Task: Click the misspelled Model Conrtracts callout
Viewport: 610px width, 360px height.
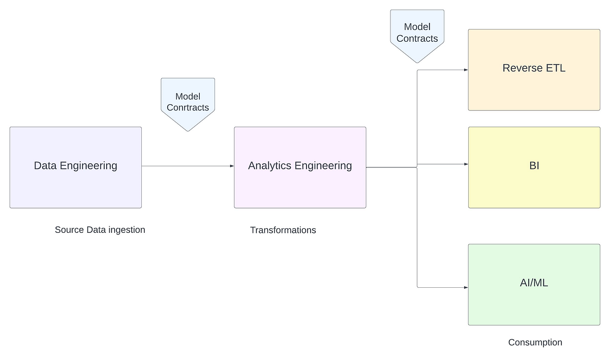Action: (188, 102)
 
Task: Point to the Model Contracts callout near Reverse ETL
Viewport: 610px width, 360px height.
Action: (417, 33)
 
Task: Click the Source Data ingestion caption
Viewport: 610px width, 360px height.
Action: (100, 230)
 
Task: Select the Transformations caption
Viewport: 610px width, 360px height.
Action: (283, 230)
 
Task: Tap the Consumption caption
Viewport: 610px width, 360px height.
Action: (535, 343)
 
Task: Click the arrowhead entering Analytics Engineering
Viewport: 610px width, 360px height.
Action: (231, 166)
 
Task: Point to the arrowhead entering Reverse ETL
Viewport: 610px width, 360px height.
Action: (465, 70)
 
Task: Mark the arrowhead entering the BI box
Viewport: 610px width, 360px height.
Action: (465, 164)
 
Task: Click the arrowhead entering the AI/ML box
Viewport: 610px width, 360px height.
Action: (465, 288)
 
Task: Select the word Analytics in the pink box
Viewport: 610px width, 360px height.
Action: (269, 166)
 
